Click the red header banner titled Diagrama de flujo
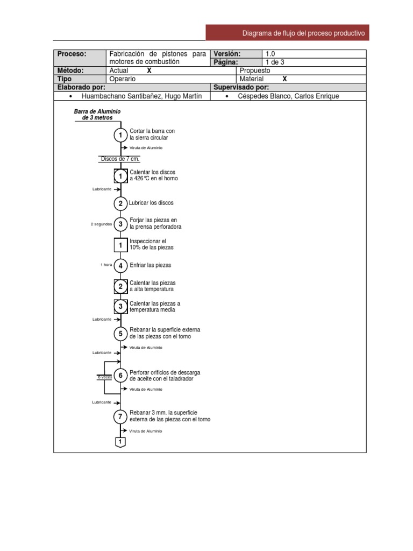(288, 33)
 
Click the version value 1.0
(270, 54)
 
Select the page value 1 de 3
(275, 62)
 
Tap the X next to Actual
(149, 70)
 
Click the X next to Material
(284, 79)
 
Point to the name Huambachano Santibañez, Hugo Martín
(141, 96)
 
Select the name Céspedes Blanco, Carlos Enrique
(288, 96)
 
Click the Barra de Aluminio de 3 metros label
(97, 115)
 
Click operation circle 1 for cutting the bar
(121, 135)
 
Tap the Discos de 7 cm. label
(120, 159)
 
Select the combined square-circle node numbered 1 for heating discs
(121, 176)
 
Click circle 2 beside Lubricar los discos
(121, 203)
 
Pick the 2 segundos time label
(102, 224)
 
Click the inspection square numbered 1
(121, 245)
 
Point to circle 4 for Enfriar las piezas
(121, 265)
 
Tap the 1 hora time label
(106, 265)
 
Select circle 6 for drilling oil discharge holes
(121, 375)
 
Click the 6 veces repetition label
(105, 377)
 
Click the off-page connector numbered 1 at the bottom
(121, 442)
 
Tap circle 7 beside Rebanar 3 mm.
(121, 416)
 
